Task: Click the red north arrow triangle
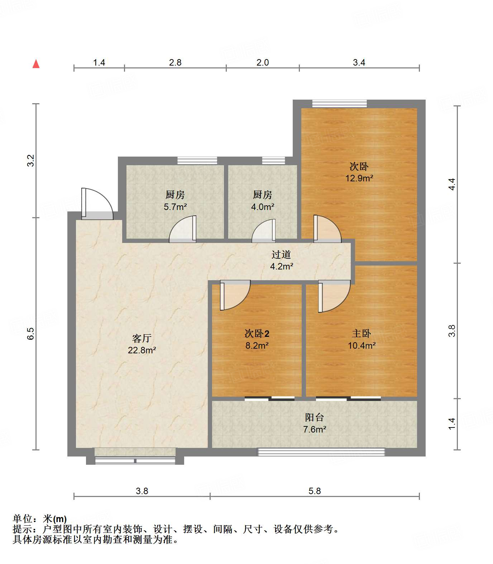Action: (x=36, y=64)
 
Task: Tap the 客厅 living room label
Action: (x=142, y=338)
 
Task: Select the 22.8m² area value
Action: (x=142, y=350)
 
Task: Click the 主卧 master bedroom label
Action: (x=361, y=334)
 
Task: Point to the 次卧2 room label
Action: (x=257, y=334)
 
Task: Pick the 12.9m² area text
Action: (x=359, y=178)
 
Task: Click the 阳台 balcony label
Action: (x=314, y=417)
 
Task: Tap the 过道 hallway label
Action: (x=281, y=255)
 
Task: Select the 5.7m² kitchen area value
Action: (x=175, y=207)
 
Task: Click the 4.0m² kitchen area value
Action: (x=263, y=207)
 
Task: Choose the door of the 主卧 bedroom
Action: (x=334, y=296)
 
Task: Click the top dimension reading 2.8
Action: (x=175, y=63)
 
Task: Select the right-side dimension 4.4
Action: (x=452, y=184)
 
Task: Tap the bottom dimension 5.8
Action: (x=315, y=491)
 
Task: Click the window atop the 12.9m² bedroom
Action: (x=339, y=104)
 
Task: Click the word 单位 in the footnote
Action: (x=23, y=518)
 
